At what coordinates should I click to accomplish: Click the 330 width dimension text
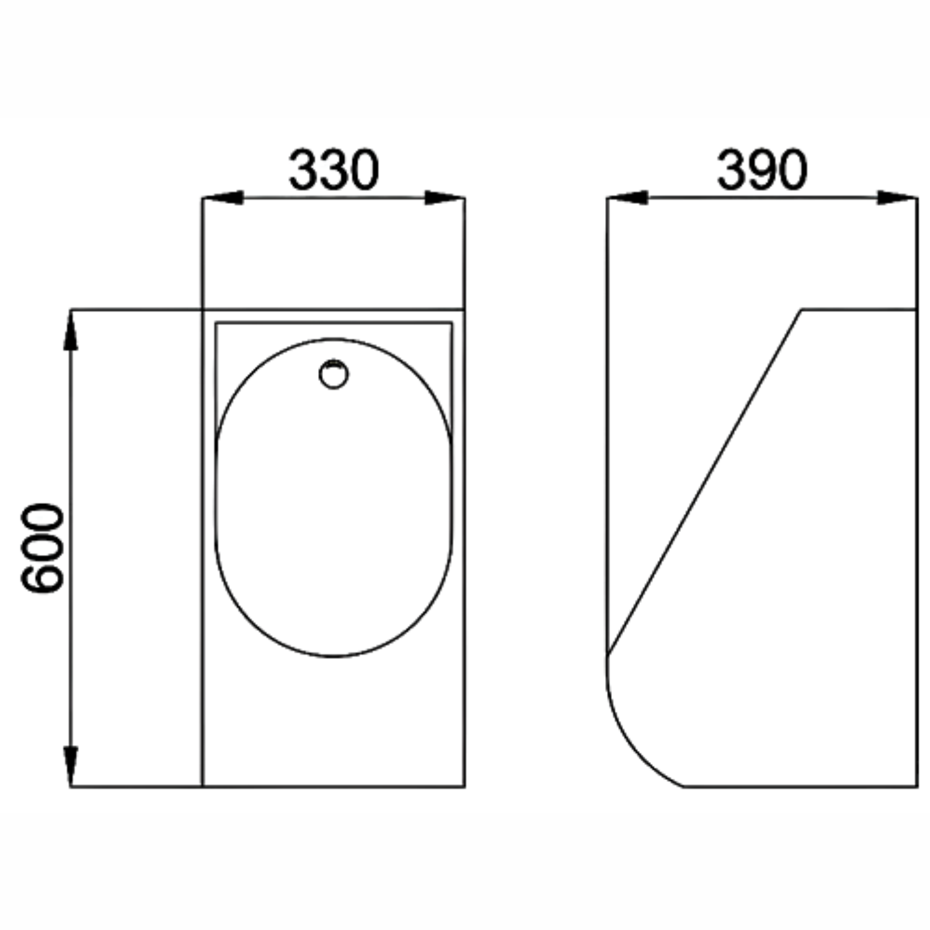pyautogui.click(x=334, y=169)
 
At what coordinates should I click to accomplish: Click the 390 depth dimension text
pyautogui.click(x=762, y=169)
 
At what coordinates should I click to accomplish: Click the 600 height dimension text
pyautogui.click(x=43, y=548)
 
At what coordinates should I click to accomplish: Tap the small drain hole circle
pyautogui.click(x=334, y=374)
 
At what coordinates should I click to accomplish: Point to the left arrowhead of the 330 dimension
pyautogui.click(x=223, y=198)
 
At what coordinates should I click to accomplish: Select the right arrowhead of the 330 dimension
pyautogui.click(x=445, y=198)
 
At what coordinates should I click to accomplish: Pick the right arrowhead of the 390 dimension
pyautogui.click(x=898, y=198)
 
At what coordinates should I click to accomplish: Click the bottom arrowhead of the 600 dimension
pyautogui.click(x=71, y=766)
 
